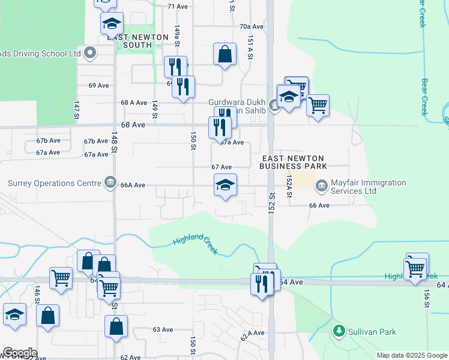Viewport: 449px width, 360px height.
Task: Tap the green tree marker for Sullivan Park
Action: point(339,331)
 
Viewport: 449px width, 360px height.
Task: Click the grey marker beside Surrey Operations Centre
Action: point(110,182)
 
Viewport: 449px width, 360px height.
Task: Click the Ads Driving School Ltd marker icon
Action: point(91,53)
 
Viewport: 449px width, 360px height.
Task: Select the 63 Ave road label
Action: point(158,329)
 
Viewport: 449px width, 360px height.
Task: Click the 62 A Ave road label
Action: point(252,335)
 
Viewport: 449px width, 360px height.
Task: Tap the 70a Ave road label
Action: point(252,26)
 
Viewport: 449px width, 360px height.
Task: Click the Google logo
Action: point(19,353)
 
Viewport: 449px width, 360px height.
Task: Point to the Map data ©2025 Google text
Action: point(412,355)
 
